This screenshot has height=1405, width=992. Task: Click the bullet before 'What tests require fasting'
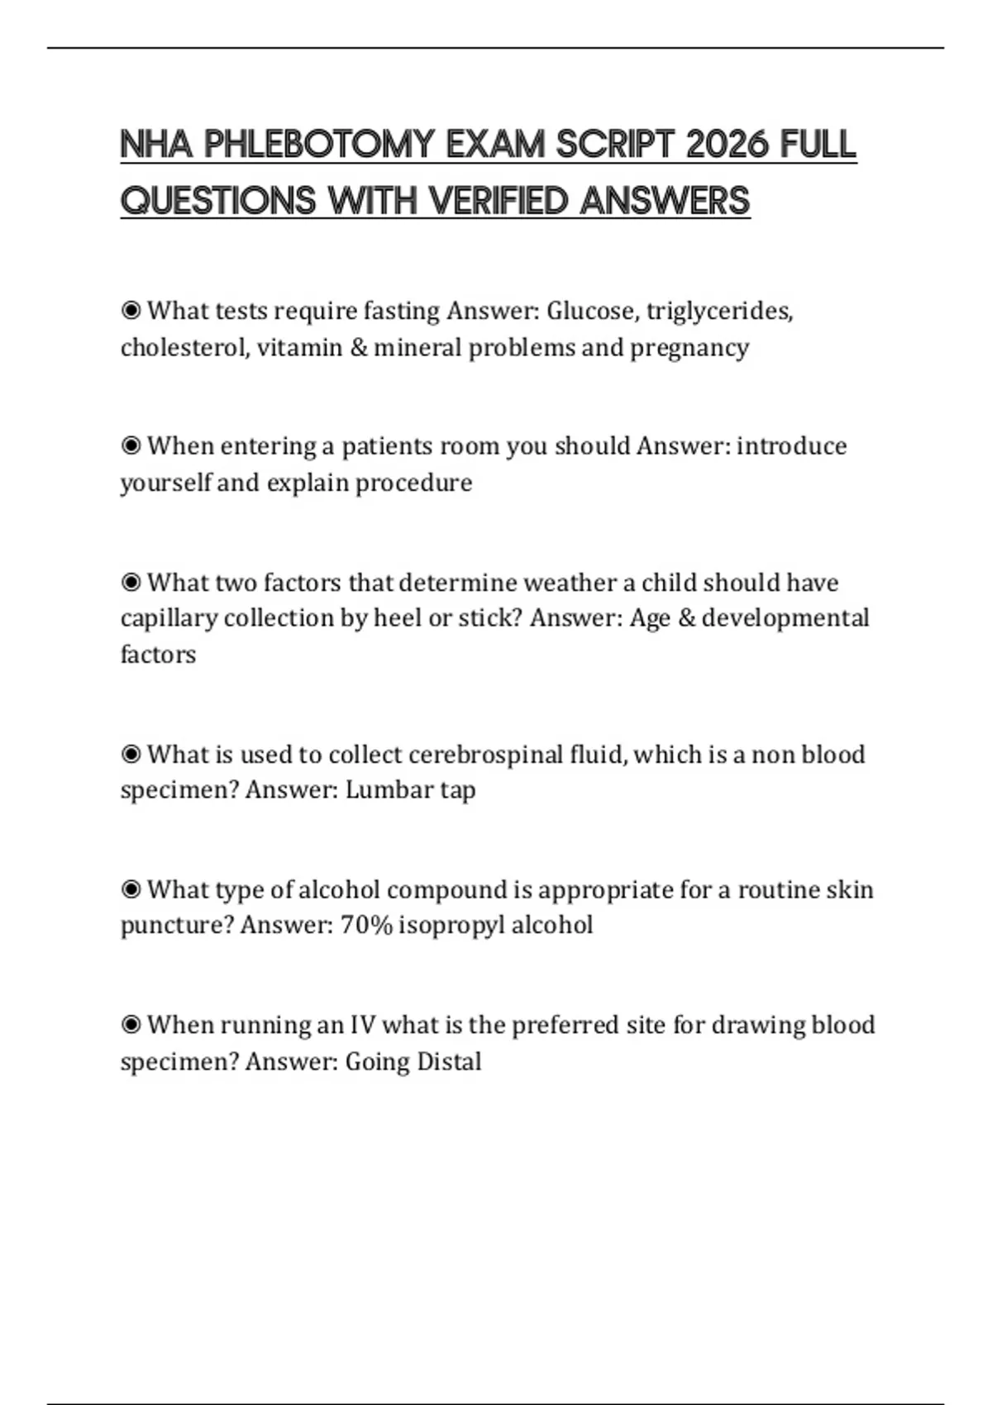[x=131, y=311]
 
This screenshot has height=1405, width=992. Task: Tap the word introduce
[x=791, y=446]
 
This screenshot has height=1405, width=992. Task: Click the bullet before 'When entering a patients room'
[x=131, y=446]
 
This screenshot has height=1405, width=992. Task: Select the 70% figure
[x=366, y=925]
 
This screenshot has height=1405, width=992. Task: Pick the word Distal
[x=449, y=1061]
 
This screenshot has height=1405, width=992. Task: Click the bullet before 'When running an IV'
[x=131, y=1026]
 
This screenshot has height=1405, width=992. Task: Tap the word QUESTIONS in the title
[x=218, y=201]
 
